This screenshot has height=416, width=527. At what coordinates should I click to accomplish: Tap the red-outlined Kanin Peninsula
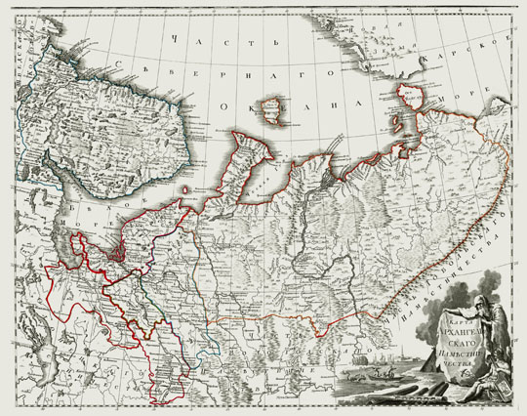[x=244, y=156]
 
